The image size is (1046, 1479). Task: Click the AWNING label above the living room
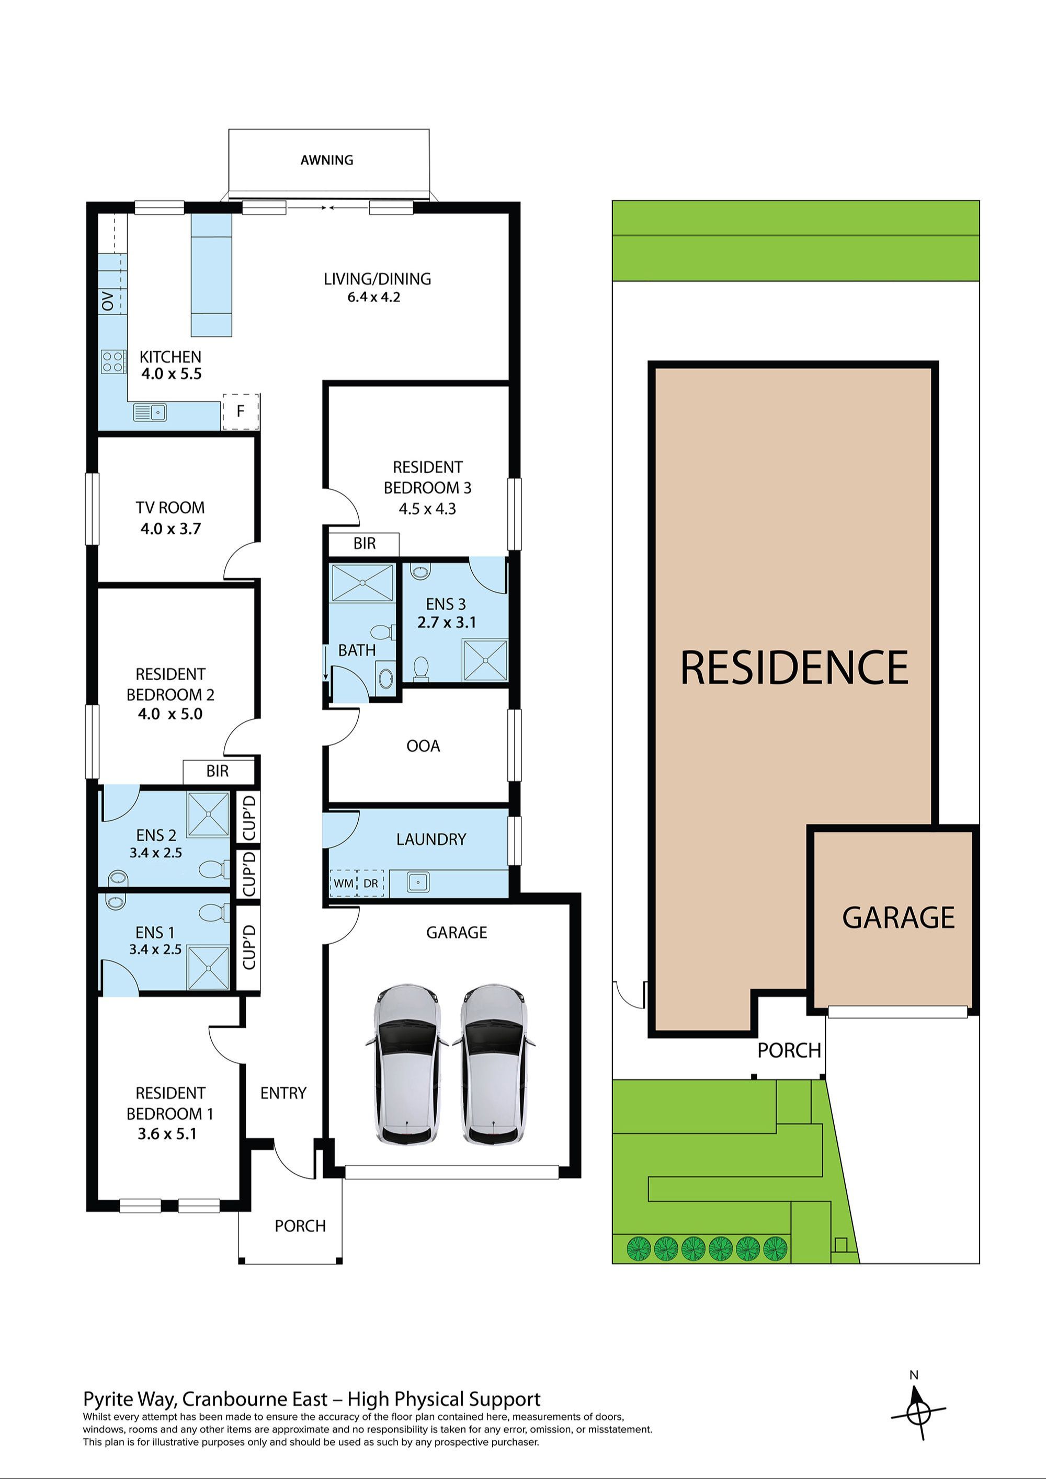[x=327, y=160]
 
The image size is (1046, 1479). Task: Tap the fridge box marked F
[x=241, y=411]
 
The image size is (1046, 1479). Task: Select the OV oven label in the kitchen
[x=108, y=301]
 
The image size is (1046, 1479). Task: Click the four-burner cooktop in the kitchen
[x=113, y=361]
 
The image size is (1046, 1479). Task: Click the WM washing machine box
[x=343, y=883]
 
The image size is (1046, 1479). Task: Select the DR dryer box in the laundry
[x=371, y=883]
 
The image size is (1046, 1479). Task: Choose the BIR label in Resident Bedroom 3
[x=364, y=543]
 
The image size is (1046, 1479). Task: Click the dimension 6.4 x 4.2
[x=374, y=297]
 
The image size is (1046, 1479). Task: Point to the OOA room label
[x=423, y=746]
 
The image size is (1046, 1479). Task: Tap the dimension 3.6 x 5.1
[x=167, y=1134]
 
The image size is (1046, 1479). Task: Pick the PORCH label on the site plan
[x=789, y=1051]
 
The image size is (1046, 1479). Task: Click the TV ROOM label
[x=170, y=508]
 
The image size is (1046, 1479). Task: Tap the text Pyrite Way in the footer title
[x=129, y=1399]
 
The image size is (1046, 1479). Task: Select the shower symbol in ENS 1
[x=208, y=968]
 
